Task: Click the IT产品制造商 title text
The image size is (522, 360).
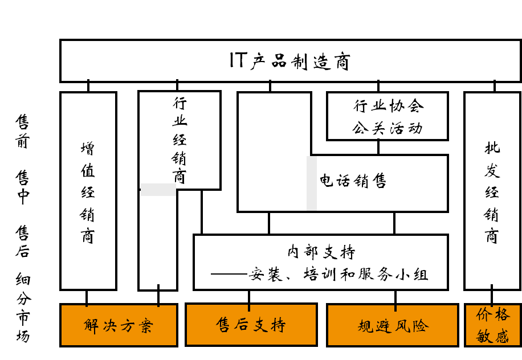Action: point(289,61)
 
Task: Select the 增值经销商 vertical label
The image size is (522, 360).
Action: point(88,193)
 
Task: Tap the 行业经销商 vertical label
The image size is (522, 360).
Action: point(180,140)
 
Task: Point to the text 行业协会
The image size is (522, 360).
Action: point(389,106)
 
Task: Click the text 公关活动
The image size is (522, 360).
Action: point(388,128)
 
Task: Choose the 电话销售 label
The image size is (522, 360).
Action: point(353,181)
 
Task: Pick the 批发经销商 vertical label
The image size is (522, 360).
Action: point(492,193)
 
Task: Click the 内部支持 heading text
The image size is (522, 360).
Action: point(321,252)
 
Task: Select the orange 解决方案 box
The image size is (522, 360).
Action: point(119,325)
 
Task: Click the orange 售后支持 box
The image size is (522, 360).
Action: point(251,325)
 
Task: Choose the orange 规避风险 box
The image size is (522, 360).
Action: point(392,325)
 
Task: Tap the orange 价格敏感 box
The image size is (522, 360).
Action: point(493,325)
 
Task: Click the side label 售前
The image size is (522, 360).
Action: point(22,131)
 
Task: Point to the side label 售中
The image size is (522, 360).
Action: point(22,187)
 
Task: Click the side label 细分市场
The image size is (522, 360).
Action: point(23,308)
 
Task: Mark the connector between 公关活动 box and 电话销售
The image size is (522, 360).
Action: point(378,148)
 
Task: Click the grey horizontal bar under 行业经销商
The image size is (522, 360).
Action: point(158,190)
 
